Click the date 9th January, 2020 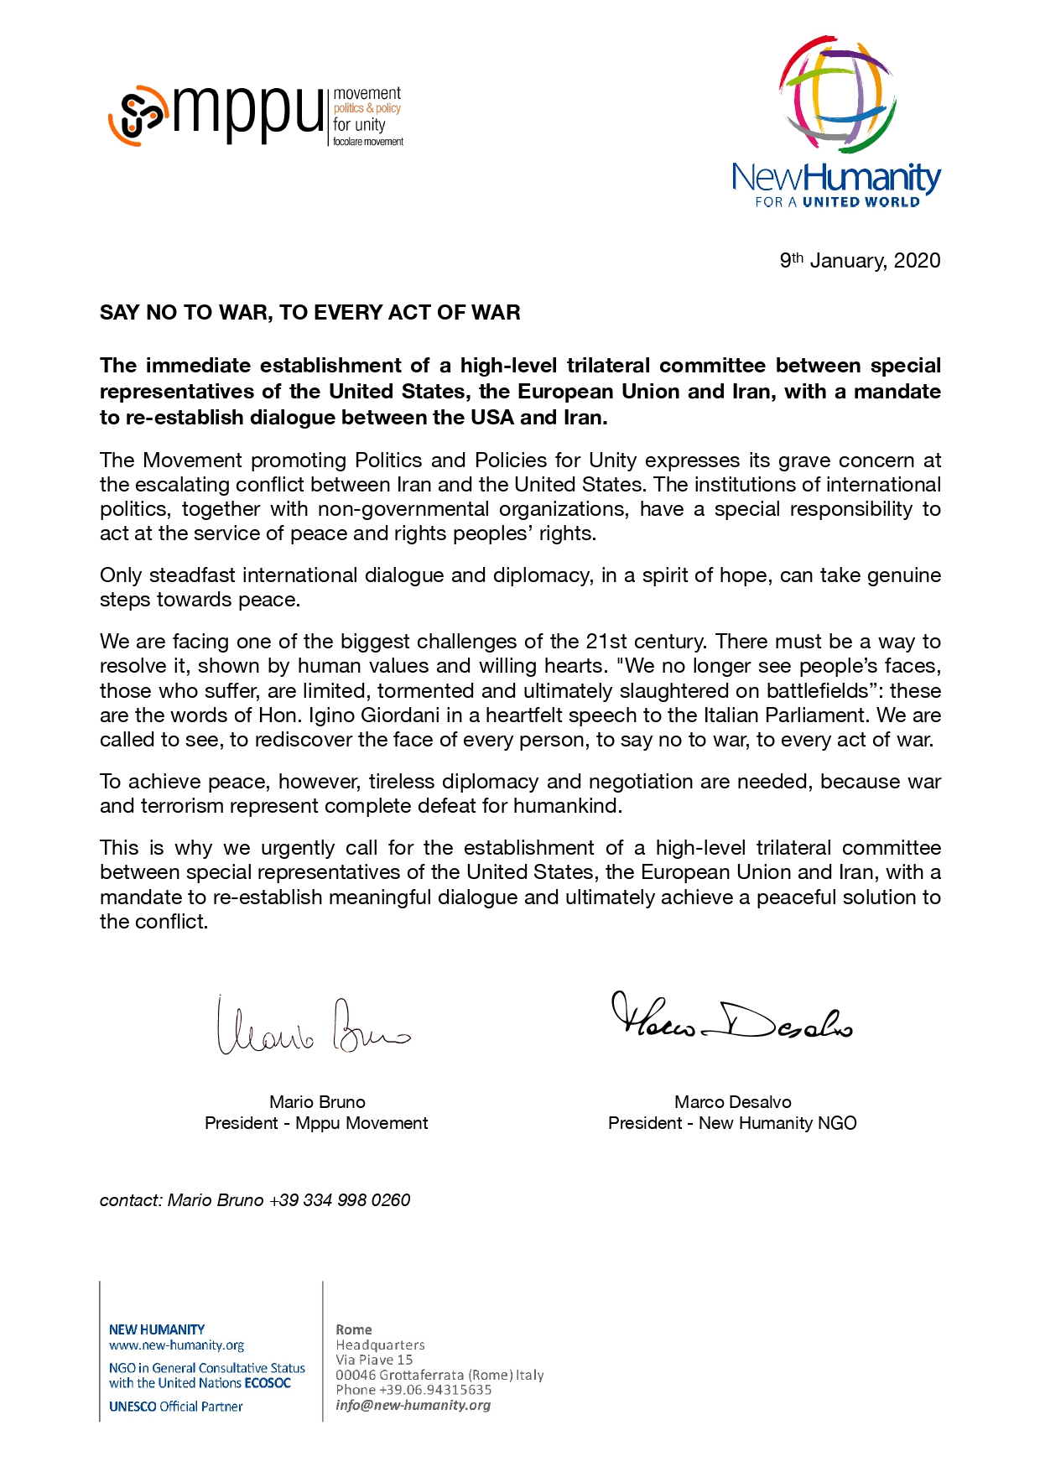point(860,260)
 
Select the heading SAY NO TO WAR point(309,313)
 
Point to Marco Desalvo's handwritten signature point(731,1017)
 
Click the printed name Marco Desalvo point(732,1102)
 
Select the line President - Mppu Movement point(316,1123)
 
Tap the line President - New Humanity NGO point(732,1123)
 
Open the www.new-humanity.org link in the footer point(176,1345)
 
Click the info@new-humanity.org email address point(413,1405)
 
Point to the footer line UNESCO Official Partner point(175,1407)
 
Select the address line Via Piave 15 point(374,1360)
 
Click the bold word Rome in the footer point(353,1329)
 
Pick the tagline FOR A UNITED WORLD point(837,202)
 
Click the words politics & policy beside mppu point(367,108)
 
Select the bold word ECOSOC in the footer point(268,1383)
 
